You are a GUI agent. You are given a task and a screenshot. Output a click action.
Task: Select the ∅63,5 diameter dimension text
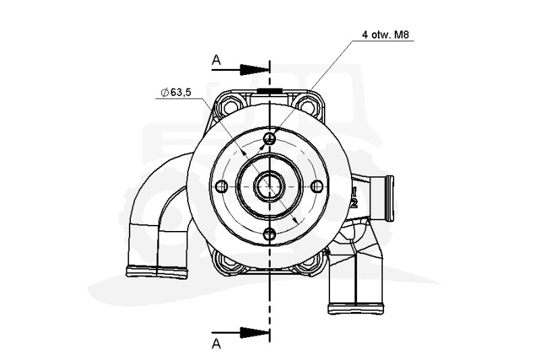175,93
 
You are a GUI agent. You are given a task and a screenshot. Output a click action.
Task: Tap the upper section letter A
216,61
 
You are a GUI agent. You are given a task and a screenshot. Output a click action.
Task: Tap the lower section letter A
216,343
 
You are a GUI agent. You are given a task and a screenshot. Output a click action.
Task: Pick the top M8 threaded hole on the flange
269,138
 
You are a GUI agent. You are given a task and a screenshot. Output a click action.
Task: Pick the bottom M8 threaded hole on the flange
269,234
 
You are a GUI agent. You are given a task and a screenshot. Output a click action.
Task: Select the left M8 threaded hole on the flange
221,186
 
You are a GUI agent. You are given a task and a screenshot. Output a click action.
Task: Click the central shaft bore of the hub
269,186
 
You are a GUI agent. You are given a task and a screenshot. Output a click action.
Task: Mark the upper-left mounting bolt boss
230,106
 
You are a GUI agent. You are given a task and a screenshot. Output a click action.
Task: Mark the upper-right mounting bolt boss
310,106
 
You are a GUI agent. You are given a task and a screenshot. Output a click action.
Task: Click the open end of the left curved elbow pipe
157,272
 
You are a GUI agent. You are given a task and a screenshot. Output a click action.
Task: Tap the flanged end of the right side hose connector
388,197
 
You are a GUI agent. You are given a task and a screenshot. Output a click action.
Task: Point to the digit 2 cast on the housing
353,202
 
